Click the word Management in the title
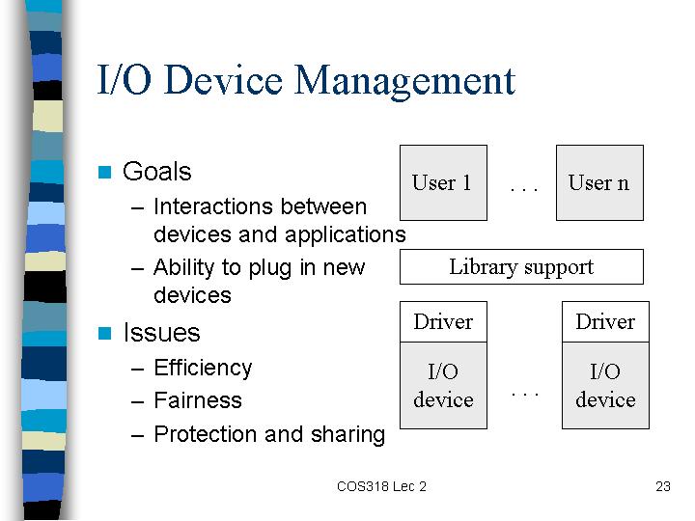point(404,82)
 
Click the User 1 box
point(443,182)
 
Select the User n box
point(599,182)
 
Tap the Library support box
point(521,266)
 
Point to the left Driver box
point(443,321)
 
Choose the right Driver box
point(605,321)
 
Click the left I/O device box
point(443,385)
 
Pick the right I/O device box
point(605,385)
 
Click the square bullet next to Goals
point(104,172)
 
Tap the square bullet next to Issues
point(104,333)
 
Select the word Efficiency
point(203,369)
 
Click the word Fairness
point(198,400)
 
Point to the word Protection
point(206,434)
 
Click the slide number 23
point(663,486)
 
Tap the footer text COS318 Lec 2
point(381,486)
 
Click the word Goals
point(157,172)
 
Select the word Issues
point(161,333)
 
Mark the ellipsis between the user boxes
point(524,189)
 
